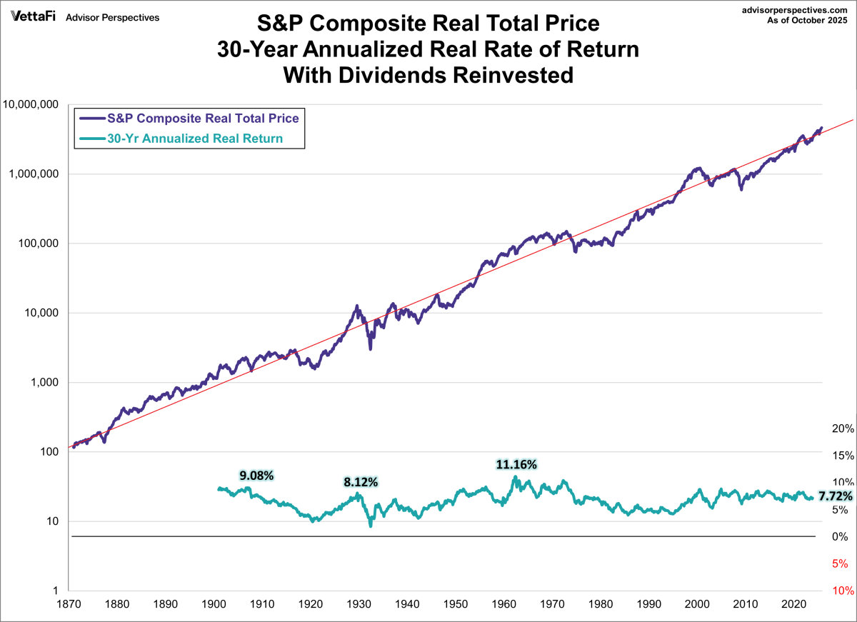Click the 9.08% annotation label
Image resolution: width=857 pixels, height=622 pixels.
point(256,475)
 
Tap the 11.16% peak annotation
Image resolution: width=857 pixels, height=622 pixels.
point(516,464)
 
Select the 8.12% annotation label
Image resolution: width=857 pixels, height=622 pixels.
point(361,482)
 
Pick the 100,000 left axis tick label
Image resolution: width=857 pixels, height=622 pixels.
point(36,244)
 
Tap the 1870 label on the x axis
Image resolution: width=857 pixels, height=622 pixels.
point(69,603)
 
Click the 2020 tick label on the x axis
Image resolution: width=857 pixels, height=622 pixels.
point(792,603)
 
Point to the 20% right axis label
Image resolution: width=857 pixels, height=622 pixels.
point(843,428)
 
